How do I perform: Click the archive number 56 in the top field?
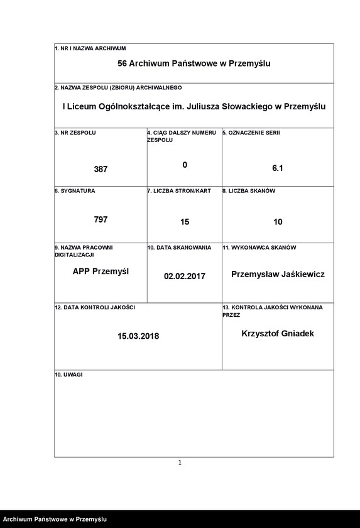[122, 63]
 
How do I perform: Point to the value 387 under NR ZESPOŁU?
[101, 169]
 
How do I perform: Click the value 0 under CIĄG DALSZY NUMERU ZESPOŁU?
[185, 165]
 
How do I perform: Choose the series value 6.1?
[278, 168]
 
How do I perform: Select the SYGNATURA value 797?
[101, 219]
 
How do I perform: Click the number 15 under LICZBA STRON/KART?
[185, 222]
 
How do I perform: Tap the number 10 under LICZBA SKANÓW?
[278, 222]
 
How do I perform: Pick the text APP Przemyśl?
[101, 272]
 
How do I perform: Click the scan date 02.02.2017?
[185, 276]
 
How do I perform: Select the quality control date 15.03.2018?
[138, 336]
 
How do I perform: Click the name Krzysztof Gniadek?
[278, 334]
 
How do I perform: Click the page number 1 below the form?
[180, 463]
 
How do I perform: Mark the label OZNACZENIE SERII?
[251, 133]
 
